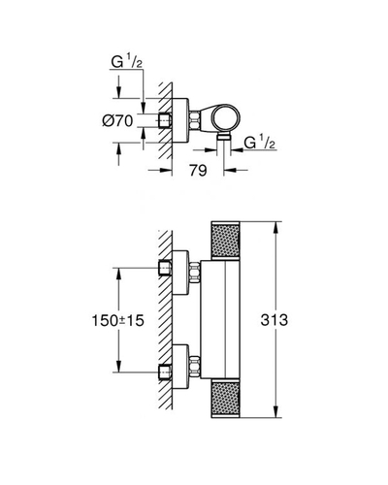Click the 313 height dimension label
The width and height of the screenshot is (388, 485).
coord(274,320)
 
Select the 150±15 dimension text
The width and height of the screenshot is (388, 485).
coord(118,321)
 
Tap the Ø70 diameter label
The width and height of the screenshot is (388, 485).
coord(117,121)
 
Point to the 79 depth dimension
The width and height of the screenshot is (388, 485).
coord(198,171)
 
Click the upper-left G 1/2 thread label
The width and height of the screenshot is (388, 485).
coord(127,62)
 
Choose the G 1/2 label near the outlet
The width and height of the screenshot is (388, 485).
coord(260,143)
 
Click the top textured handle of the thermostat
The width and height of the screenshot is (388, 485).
coord(225,241)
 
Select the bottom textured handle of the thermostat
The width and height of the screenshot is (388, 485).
coord(225,399)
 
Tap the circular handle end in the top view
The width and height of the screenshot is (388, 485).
coord(226,118)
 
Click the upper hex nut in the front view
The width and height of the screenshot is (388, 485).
coord(194,272)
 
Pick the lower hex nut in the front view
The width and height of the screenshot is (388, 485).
coord(194,366)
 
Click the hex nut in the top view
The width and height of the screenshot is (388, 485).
coord(194,120)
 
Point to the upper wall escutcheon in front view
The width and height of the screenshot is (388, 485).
coord(179,273)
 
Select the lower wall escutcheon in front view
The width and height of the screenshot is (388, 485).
coord(179,367)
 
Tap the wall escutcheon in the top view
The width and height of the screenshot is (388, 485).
coord(179,120)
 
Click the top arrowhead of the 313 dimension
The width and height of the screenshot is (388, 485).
coord(275,227)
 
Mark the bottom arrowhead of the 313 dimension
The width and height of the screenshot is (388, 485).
coord(275,412)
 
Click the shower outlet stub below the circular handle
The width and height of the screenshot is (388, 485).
coord(223,137)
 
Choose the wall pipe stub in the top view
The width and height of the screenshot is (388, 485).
coord(165,120)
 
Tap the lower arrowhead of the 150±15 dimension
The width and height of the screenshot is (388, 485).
coord(118,367)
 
